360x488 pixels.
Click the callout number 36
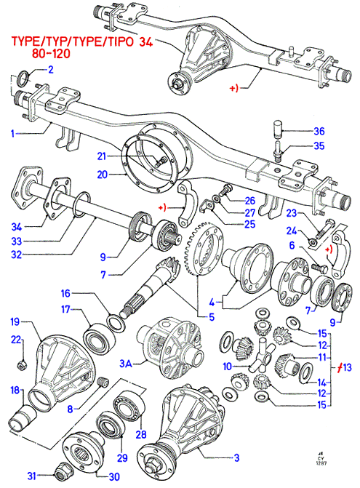click(319, 132)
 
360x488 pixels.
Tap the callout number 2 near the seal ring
click(50, 69)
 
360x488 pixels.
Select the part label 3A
click(126, 363)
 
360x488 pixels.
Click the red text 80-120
click(51, 54)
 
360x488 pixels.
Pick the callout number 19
click(15, 321)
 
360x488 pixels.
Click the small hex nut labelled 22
click(22, 365)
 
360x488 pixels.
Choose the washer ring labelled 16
click(116, 321)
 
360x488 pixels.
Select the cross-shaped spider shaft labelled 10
click(261, 355)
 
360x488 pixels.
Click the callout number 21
click(102, 156)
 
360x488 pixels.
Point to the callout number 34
click(17, 227)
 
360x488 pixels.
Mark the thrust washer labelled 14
click(306, 373)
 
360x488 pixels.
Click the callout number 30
click(114, 477)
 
